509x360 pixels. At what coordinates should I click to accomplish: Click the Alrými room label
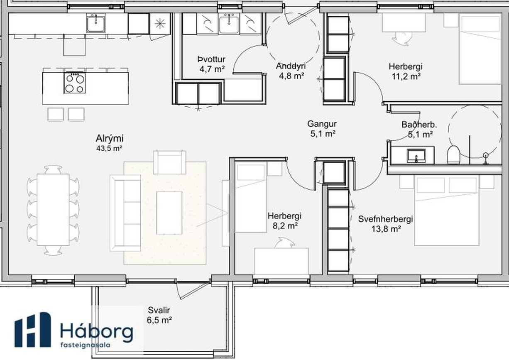tap(110, 138)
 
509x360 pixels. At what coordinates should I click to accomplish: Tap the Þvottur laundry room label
tap(212, 59)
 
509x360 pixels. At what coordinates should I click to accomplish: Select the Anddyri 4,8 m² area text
tap(291, 76)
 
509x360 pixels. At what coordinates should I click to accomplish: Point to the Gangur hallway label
tap(322, 124)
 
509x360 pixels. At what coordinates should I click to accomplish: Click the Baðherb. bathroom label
tap(419, 125)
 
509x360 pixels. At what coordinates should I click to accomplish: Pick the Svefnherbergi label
tap(386, 219)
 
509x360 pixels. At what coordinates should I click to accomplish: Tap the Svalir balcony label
tap(159, 310)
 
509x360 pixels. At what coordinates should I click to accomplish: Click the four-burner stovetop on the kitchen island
tap(75, 83)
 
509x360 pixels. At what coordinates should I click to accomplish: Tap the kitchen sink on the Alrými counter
tap(95, 23)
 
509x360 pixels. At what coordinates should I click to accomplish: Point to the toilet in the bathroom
tap(453, 154)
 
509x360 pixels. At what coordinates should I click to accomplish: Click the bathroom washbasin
tap(416, 156)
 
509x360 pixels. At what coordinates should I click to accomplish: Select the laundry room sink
tap(229, 24)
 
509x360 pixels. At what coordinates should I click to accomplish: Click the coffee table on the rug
tap(169, 213)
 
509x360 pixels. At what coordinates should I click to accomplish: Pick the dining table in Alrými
tap(53, 210)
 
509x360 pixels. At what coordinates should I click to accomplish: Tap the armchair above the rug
tap(169, 162)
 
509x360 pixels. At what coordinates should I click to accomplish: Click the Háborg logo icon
tap(33, 330)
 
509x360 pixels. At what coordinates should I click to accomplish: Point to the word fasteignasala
tap(85, 345)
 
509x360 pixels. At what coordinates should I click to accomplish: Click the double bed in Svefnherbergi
tap(447, 210)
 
